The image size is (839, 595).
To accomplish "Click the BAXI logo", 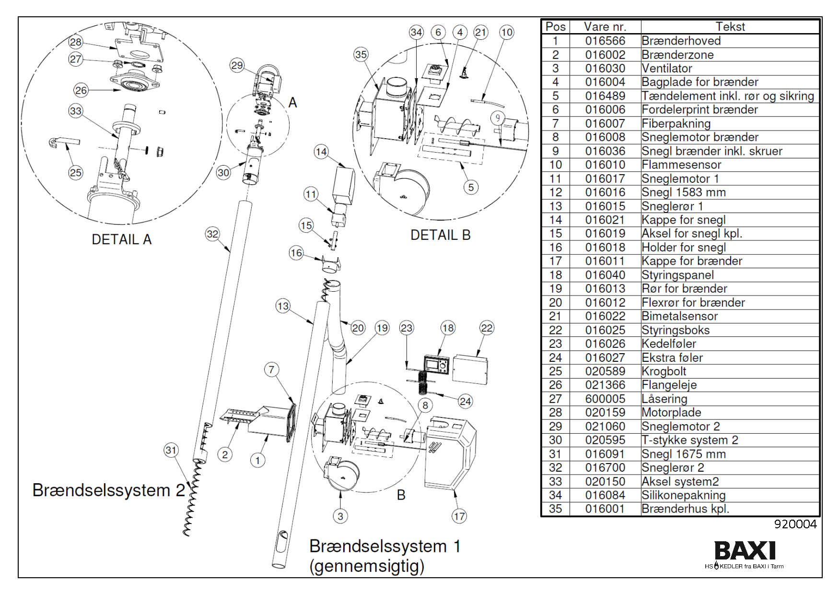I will [745, 550].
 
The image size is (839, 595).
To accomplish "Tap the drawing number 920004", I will [795, 524].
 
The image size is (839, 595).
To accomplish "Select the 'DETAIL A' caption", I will [121, 239].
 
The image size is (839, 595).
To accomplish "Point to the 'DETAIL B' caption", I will [440, 235].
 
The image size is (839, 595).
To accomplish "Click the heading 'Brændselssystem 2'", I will [108, 490].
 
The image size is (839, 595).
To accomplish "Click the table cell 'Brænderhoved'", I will [681, 41].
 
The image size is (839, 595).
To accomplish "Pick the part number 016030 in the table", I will [605, 68].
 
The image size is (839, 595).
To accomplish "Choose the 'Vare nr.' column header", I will [605, 27].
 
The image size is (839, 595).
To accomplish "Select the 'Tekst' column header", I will [730, 27].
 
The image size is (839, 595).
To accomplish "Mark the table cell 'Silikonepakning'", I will [683, 495].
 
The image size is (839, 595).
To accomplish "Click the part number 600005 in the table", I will [605, 399].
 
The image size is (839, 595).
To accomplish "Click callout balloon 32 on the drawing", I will [212, 234].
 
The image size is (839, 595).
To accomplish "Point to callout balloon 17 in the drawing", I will [459, 516].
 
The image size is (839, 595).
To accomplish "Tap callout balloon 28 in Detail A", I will [76, 42].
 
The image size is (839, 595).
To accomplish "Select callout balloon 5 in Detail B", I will [471, 187].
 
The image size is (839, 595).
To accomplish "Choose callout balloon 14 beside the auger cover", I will [321, 152].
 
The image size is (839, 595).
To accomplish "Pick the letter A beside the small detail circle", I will [292, 103].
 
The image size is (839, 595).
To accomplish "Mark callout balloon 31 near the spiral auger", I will [171, 450].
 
